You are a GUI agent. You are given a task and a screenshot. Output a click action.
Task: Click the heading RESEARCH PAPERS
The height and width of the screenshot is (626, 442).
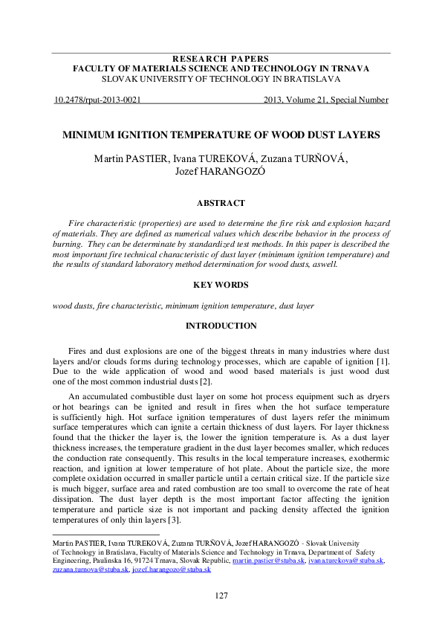click(x=221, y=59)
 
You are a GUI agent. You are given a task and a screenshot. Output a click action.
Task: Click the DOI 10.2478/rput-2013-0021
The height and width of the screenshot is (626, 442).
click(x=99, y=99)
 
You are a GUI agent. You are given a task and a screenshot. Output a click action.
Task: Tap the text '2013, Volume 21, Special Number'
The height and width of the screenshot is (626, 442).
click(x=325, y=99)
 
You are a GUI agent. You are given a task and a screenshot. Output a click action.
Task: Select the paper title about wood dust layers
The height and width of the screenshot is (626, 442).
click(x=221, y=135)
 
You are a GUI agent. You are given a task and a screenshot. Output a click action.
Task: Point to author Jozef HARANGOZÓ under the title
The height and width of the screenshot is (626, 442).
click(x=221, y=172)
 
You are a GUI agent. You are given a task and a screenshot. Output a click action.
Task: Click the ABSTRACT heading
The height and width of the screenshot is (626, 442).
click(x=221, y=202)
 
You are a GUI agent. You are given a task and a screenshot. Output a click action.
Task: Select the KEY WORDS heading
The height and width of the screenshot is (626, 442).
click(x=221, y=285)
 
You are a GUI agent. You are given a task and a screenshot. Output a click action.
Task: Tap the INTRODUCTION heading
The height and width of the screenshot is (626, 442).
click(x=221, y=326)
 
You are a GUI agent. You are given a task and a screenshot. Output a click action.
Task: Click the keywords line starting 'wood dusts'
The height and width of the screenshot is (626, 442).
click(x=183, y=305)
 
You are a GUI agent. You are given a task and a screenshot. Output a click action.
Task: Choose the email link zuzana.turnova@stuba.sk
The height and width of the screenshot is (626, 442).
click(x=91, y=569)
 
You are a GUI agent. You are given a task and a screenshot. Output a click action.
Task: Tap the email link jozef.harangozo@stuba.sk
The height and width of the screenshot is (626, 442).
click(x=172, y=569)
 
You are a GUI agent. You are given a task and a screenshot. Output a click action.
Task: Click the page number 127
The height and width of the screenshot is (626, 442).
click(x=221, y=596)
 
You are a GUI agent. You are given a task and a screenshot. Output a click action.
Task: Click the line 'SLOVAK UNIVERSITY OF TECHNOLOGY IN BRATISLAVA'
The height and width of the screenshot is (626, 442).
click(x=221, y=77)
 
